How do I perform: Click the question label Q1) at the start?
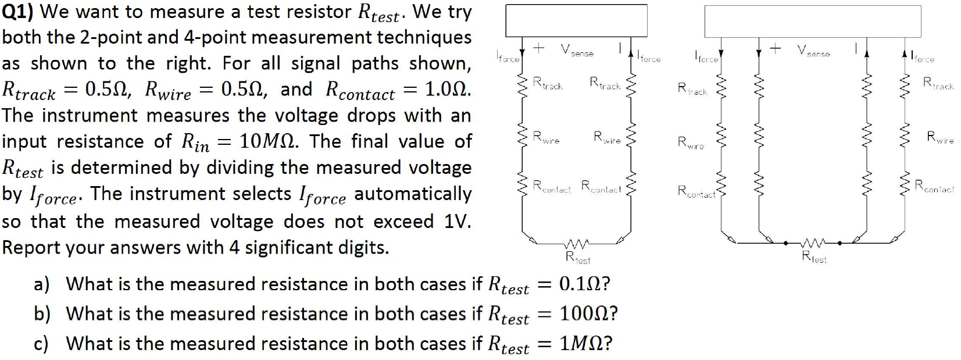click(x=17, y=12)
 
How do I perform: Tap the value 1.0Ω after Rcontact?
click(x=448, y=89)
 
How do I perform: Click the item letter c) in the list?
click(x=41, y=344)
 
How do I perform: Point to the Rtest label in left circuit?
click(x=578, y=257)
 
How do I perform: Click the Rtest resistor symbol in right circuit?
click(x=814, y=243)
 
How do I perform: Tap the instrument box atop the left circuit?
click(x=576, y=20)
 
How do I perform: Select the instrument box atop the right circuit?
click(x=812, y=22)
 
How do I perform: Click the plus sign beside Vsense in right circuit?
click(x=775, y=49)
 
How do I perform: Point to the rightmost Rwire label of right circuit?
click(x=940, y=138)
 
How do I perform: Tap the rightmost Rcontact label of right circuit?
click(x=934, y=187)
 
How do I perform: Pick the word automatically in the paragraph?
click(x=413, y=194)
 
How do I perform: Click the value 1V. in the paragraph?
click(x=457, y=222)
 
